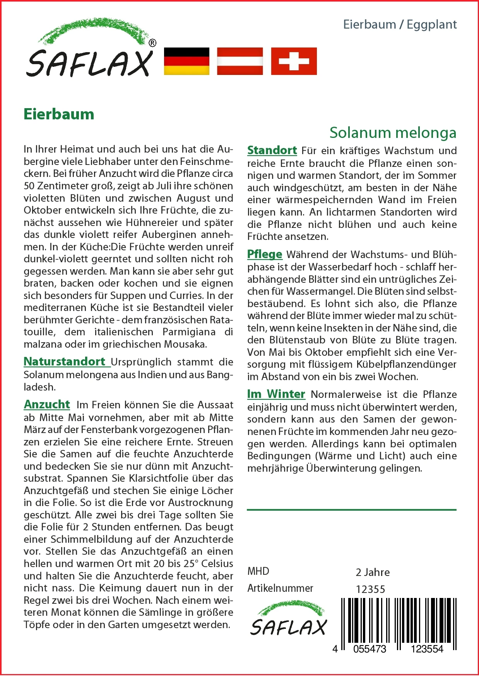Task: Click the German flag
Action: point(186,61)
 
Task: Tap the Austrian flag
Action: point(240,61)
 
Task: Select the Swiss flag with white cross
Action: point(294,61)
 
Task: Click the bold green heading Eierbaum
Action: point(59,114)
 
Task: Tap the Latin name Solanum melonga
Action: point(393,132)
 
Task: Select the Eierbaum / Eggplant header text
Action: point(400,24)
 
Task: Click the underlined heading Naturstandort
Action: point(65,362)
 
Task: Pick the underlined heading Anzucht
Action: point(47,404)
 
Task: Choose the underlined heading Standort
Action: point(272,150)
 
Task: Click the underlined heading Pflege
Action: point(265,254)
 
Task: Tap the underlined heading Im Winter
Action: point(276,394)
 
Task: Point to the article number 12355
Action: point(370,589)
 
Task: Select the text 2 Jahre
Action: point(373,572)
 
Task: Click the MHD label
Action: point(258,571)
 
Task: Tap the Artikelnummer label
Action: point(280,588)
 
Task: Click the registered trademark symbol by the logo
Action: point(152,43)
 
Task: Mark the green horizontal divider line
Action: point(351,510)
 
